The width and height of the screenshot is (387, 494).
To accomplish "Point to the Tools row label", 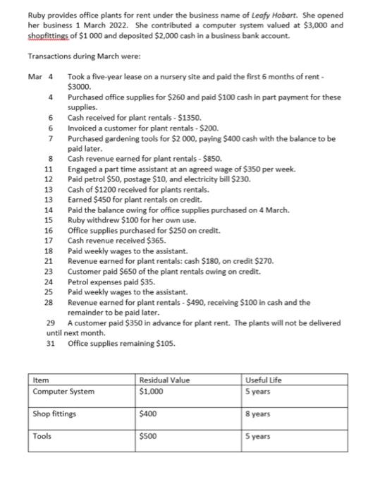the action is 43,437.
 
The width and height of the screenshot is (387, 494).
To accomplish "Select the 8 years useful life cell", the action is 260,414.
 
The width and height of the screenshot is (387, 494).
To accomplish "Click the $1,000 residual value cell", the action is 153,391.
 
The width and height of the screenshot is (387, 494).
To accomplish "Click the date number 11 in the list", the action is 49,170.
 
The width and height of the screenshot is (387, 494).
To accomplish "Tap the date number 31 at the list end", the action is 50,344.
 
